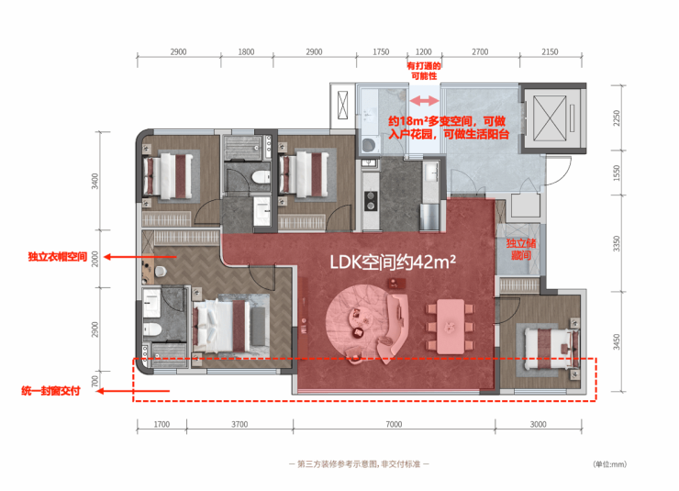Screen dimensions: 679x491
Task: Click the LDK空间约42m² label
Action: click(x=393, y=262)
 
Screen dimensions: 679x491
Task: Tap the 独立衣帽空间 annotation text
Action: click(x=58, y=257)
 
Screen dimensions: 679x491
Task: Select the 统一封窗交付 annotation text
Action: click(x=50, y=391)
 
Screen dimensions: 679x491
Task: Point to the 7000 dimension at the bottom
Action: click(x=394, y=424)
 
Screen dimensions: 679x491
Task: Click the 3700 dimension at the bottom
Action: click(x=239, y=424)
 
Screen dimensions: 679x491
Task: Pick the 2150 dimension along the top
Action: click(x=550, y=52)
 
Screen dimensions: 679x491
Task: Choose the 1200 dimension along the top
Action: click(x=423, y=52)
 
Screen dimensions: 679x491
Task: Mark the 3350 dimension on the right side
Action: click(x=617, y=243)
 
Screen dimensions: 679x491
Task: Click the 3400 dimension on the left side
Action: click(x=95, y=181)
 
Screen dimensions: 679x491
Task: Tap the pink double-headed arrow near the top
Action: click(x=424, y=101)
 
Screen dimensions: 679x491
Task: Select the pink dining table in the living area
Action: click(x=451, y=327)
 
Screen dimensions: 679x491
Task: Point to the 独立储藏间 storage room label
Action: click(x=521, y=250)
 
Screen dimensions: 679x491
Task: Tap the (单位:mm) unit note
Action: click(x=609, y=464)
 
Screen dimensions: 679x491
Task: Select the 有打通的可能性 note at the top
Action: click(x=424, y=71)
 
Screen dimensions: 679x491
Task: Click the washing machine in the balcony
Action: click(x=369, y=145)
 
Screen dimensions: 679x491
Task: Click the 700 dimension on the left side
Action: click(x=95, y=382)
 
